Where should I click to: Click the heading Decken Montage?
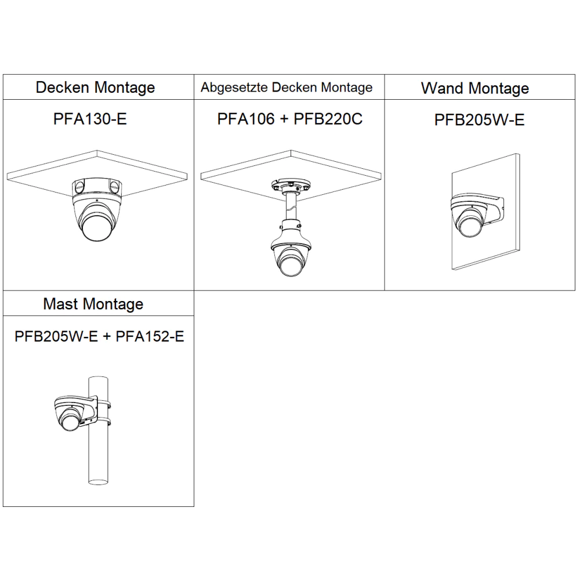pyautogui.click(x=95, y=88)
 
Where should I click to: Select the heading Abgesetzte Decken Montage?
pyautogui.click(x=287, y=88)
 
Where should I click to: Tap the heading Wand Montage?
pyautogui.click(x=475, y=88)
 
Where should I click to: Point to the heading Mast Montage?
pyautogui.click(x=93, y=304)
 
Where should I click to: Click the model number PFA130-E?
pyautogui.click(x=90, y=119)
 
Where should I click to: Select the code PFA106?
pyautogui.click(x=246, y=119)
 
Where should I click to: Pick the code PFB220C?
pyautogui.click(x=328, y=119)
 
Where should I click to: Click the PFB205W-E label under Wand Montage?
pyautogui.click(x=480, y=120)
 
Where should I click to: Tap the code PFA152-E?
pyautogui.click(x=150, y=336)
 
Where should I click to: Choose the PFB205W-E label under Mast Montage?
pyautogui.click(x=56, y=336)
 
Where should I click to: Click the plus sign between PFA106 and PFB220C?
pyautogui.click(x=284, y=119)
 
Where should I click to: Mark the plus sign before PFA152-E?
pyautogui.click(x=107, y=336)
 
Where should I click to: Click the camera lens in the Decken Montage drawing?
pyautogui.click(x=96, y=226)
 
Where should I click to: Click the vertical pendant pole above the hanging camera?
pyautogui.click(x=291, y=208)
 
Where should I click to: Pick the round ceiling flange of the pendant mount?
pyautogui.click(x=291, y=184)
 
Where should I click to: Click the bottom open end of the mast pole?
pyautogui.click(x=99, y=481)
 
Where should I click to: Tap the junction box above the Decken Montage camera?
pyautogui.click(x=97, y=187)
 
